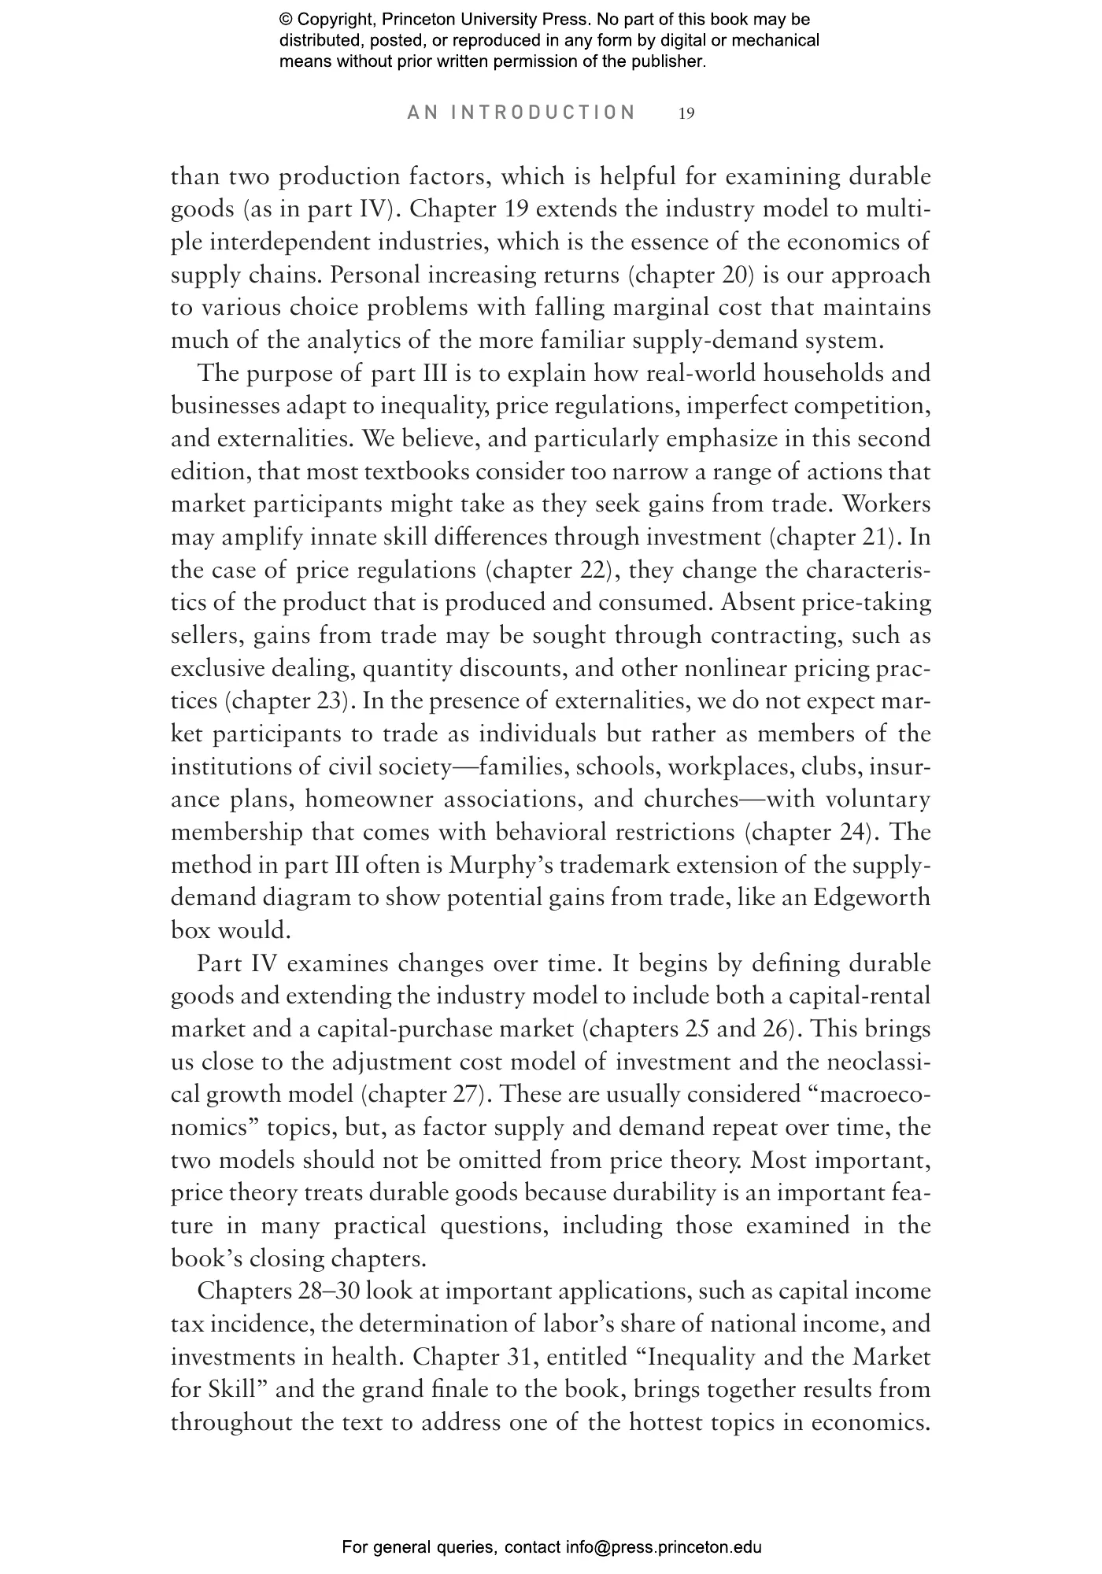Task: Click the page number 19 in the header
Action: pyautogui.click(x=686, y=113)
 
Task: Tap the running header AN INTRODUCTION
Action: pyautogui.click(x=522, y=113)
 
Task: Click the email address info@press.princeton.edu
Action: pyautogui.click(x=664, y=1547)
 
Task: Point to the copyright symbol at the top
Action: pyautogui.click(x=287, y=20)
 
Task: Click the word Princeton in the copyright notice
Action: pyautogui.click(x=426, y=20)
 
